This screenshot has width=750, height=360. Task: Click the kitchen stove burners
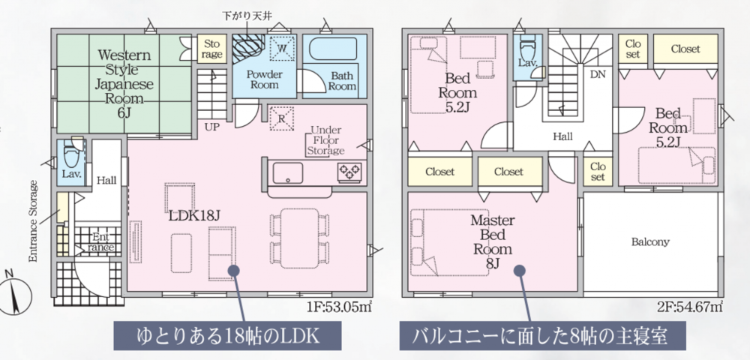350,171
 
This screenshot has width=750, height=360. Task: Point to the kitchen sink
288,173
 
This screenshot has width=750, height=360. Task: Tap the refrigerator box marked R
280,118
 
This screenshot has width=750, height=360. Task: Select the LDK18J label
194,215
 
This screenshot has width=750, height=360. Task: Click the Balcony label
650,242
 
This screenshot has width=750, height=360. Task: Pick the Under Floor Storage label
325,140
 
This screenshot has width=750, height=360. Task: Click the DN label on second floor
598,74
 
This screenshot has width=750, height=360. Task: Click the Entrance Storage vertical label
33,220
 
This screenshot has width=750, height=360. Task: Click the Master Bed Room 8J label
492,241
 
